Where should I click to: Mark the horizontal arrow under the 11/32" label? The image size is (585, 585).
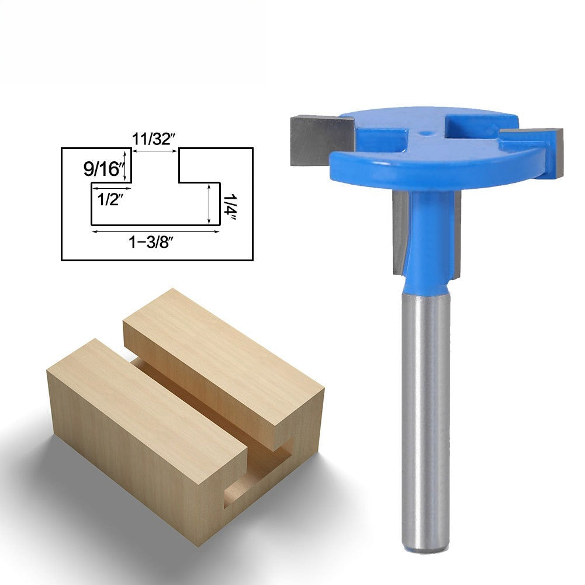[154, 151]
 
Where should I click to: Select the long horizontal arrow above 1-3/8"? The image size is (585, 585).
[155, 231]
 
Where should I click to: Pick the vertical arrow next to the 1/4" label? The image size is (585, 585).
[209, 203]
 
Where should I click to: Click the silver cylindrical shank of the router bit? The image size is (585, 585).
[425, 409]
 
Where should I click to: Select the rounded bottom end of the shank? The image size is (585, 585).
[425, 547]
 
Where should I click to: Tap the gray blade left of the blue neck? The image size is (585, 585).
[401, 231]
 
